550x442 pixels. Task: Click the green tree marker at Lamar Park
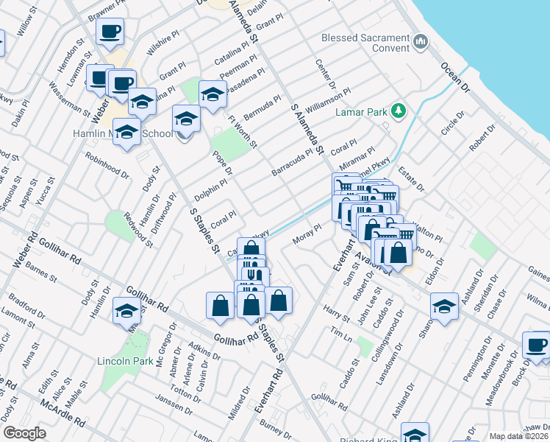(399, 110)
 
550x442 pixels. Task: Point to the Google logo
(24, 433)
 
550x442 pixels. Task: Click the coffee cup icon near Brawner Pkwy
(110, 31)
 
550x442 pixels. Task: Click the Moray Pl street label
(309, 233)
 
